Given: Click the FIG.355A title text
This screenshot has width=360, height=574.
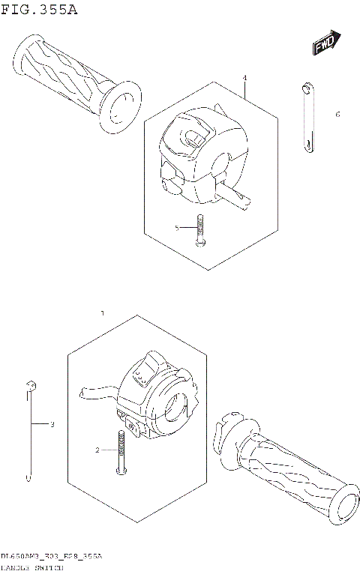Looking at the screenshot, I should [39, 10].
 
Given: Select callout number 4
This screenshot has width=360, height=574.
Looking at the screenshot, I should [244, 78].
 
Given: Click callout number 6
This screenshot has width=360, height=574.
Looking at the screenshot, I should [337, 115].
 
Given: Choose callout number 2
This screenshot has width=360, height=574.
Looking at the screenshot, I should [97, 450].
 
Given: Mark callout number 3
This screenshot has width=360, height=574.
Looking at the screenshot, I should [52, 425].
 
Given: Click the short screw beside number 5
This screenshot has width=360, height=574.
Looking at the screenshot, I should [199, 229].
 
